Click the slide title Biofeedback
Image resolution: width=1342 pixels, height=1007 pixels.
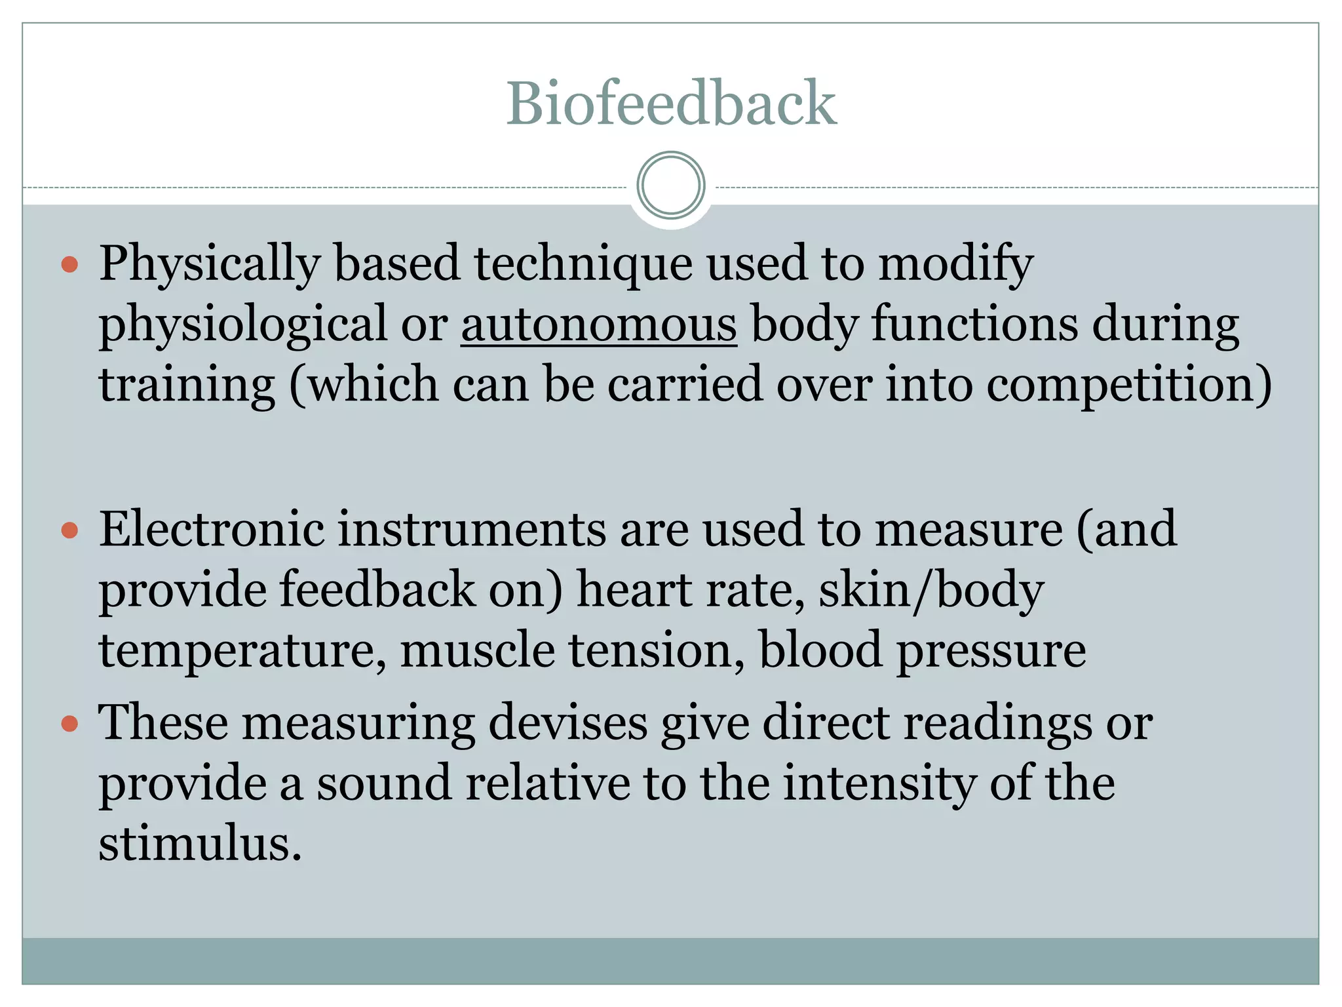tap(671, 103)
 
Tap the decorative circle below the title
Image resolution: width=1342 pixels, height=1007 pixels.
tap(671, 186)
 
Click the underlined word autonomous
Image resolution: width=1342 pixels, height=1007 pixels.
tap(599, 324)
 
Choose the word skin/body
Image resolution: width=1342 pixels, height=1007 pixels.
tap(931, 590)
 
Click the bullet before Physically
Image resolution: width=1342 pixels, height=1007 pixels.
tap(69, 265)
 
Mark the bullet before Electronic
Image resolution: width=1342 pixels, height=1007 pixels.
tap(69, 530)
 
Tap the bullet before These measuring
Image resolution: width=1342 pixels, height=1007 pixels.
tap(69, 724)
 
